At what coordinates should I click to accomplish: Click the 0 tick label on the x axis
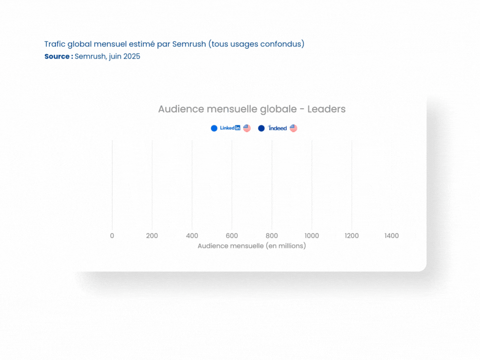(112, 236)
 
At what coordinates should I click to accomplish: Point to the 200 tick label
(152, 236)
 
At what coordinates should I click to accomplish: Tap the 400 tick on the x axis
(192, 236)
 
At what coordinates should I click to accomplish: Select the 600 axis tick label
(232, 236)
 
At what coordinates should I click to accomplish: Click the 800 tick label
(272, 236)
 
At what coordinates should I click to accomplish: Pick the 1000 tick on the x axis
(312, 236)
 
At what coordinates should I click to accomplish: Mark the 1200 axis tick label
(352, 236)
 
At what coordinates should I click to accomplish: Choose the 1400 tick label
(391, 236)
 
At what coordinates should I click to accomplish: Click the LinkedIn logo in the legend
(230, 128)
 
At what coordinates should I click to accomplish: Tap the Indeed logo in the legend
(277, 128)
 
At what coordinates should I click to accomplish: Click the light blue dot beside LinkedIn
(214, 128)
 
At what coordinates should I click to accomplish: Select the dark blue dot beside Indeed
(261, 128)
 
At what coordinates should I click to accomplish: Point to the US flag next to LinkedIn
(247, 128)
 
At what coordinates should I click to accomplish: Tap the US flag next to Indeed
(293, 128)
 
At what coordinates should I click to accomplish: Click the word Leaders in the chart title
(326, 109)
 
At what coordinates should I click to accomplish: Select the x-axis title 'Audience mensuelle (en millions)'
(252, 246)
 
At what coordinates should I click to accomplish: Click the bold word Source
(57, 56)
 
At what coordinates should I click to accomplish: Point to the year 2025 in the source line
(132, 56)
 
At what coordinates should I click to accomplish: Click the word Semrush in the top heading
(189, 44)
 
